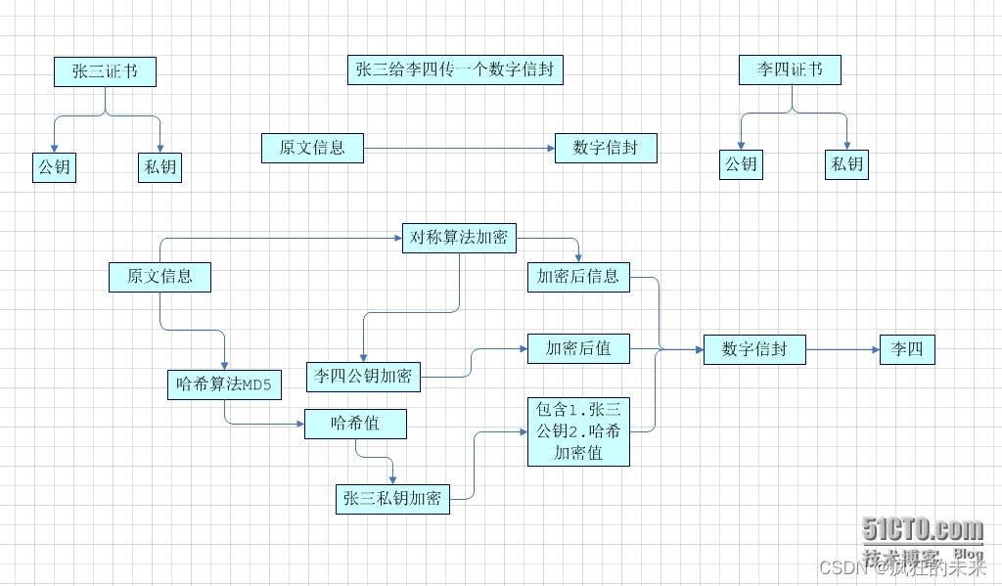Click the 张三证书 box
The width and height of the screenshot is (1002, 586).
coord(105,71)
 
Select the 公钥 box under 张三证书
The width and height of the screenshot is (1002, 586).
coord(54,167)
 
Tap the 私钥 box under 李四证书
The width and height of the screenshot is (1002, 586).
coord(846,164)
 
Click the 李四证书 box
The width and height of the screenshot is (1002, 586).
coord(790,70)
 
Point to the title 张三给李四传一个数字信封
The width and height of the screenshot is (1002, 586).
coord(455,69)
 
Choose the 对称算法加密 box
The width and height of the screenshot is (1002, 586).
coord(459,239)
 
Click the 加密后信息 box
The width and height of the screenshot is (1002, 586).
coord(578,276)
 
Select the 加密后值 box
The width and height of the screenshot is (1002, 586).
coord(578,349)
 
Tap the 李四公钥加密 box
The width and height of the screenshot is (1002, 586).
coord(363,377)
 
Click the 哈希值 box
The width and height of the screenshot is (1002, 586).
coord(355,425)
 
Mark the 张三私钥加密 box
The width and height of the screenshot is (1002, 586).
coord(391,499)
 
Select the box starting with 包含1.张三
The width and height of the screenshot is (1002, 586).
coord(578,431)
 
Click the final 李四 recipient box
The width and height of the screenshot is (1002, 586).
coord(907,349)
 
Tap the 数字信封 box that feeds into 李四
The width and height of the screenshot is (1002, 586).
coord(754,349)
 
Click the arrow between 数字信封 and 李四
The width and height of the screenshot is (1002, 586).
coord(843,349)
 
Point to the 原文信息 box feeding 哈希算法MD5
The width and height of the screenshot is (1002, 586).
coord(159,277)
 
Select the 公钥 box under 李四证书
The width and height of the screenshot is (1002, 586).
coord(741,164)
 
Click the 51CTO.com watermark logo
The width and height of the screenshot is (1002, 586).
coord(922,529)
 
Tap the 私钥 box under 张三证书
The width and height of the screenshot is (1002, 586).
coord(159,167)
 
